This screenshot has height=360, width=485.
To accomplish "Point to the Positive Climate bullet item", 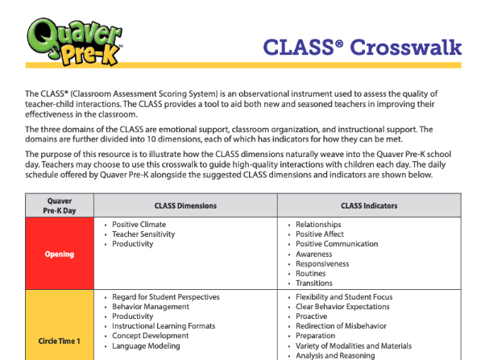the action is pyautogui.click(x=139, y=225).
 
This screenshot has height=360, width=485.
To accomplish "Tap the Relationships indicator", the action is pyautogui.click(x=318, y=225).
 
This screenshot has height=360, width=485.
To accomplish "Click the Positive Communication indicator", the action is pyautogui.click(x=337, y=244).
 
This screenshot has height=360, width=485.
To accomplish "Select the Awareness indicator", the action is pyautogui.click(x=314, y=254).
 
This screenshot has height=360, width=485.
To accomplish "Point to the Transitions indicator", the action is pyautogui.click(x=314, y=283).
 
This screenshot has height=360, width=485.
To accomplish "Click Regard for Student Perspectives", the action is pyautogui.click(x=166, y=297).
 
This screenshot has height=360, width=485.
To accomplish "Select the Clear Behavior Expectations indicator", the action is pyautogui.click(x=343, y=307).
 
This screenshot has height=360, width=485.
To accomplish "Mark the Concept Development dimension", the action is pyautogui.click(x=151, y=336).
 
